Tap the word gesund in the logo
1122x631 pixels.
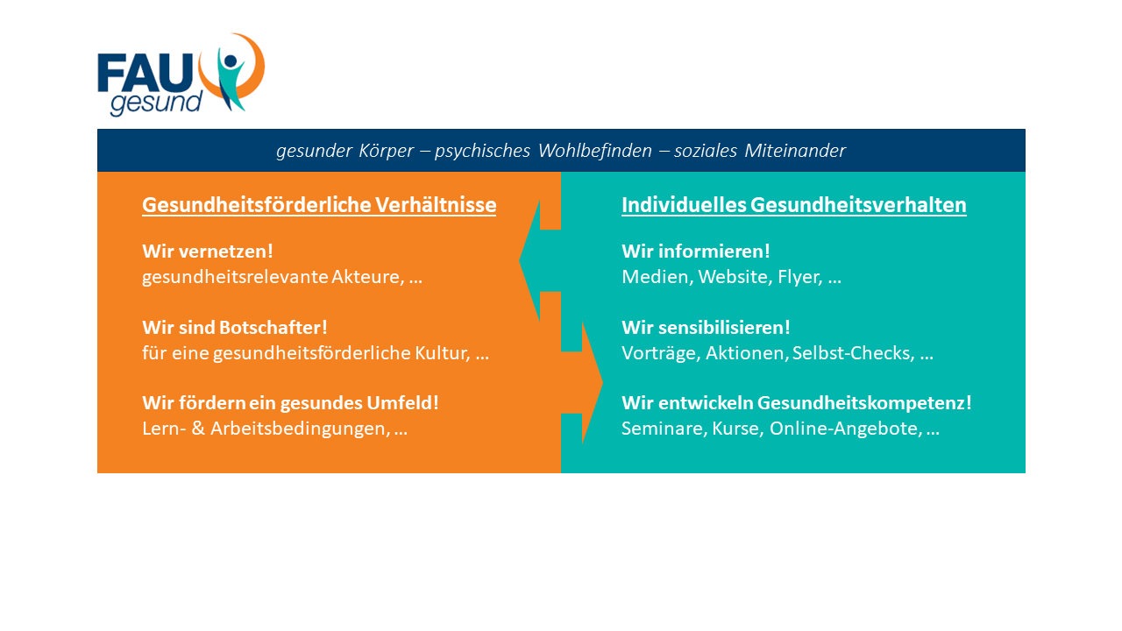[156, 103]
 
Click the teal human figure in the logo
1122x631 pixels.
[230, 79]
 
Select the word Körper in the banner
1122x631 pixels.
[387, 151]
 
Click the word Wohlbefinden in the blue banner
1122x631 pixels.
[595, 151]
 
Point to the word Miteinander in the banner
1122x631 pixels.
[795, 151]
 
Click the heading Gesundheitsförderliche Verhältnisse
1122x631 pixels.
[319, 205]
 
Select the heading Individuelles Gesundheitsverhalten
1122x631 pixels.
[794, 205]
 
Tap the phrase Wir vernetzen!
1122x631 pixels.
[208, 252]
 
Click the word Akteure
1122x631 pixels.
[367, 277]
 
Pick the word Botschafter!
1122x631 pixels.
[273, 328]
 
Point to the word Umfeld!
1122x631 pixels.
[402, 403]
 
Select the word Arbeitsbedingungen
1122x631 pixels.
[300, 429]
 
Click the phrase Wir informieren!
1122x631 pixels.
[696, 252]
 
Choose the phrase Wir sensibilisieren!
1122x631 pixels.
[706, 328]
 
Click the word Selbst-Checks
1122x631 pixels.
[853, 353]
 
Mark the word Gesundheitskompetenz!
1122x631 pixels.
[864, 404]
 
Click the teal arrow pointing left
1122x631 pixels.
[540, 261]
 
